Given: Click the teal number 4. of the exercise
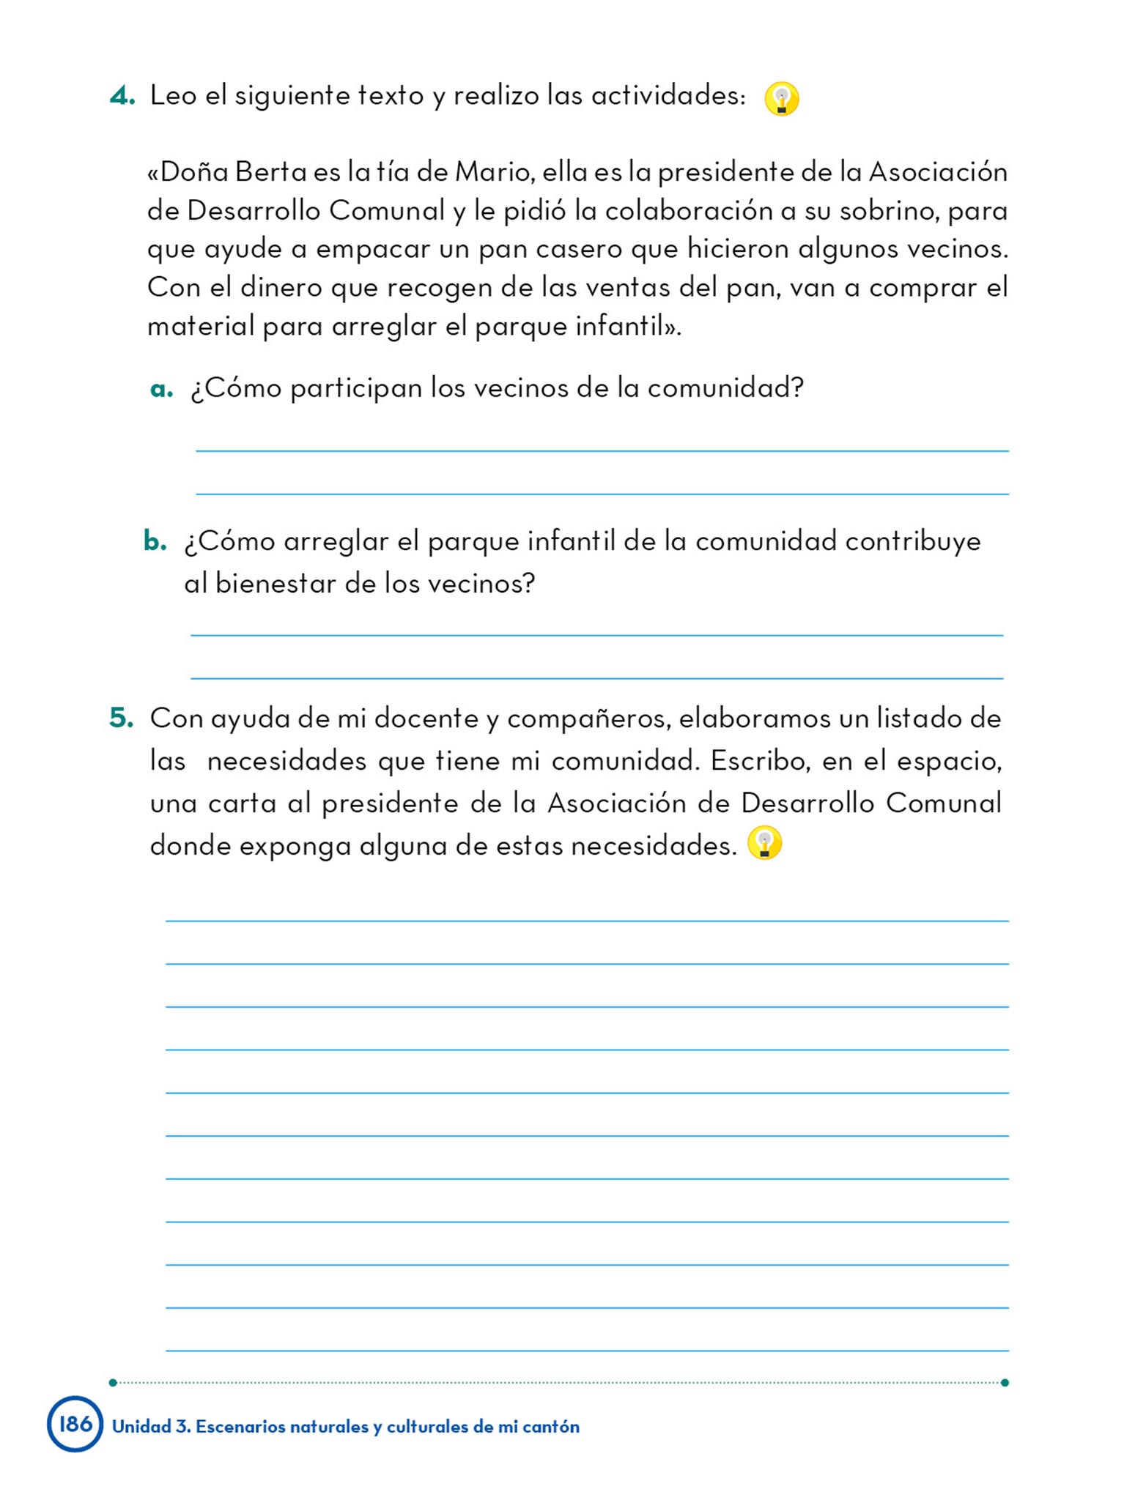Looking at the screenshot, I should tap(122, 96).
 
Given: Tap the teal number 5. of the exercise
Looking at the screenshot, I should tap(122, 718).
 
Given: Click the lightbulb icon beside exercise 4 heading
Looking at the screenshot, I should tap(781, 99).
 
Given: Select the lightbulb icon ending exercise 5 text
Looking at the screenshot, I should tap(764, 843).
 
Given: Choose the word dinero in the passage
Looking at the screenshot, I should tap(281, 288).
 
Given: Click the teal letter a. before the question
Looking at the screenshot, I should tap(161, 388).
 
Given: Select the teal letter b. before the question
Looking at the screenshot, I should tap(155, 541).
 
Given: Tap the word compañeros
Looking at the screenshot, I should tap(589, 719).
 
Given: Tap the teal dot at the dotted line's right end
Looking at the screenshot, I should tap(1005, 1382).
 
